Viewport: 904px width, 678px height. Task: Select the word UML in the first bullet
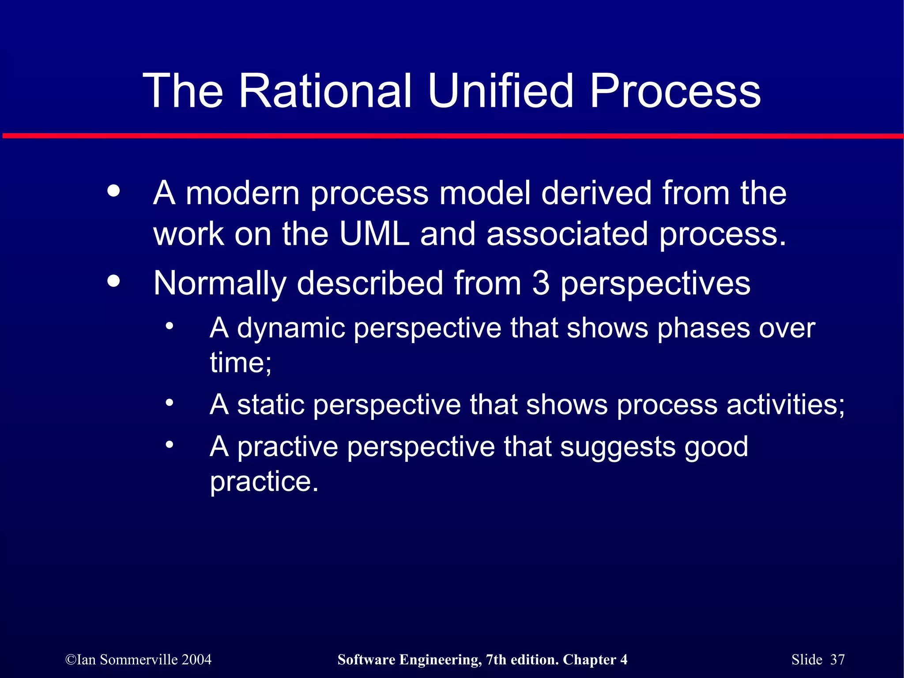(x=375, y=234)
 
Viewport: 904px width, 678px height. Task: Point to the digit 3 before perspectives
(x=541, y=283)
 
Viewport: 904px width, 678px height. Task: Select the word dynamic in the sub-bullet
(x=291, y=329)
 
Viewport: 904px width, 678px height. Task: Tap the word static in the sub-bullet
(x=271, y=405)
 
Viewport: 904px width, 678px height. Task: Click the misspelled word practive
(x=288, y=447)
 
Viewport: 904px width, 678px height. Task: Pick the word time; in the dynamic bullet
(x=241, y=363)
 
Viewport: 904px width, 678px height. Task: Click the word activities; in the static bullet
(x=785, y=405)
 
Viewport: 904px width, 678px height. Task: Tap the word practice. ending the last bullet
(x=264, y=481)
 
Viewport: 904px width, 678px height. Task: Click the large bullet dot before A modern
(x=113, y=191)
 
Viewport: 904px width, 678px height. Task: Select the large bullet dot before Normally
(x=113, y=281)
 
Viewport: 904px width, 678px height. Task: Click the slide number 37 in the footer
(x=837, y=659)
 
